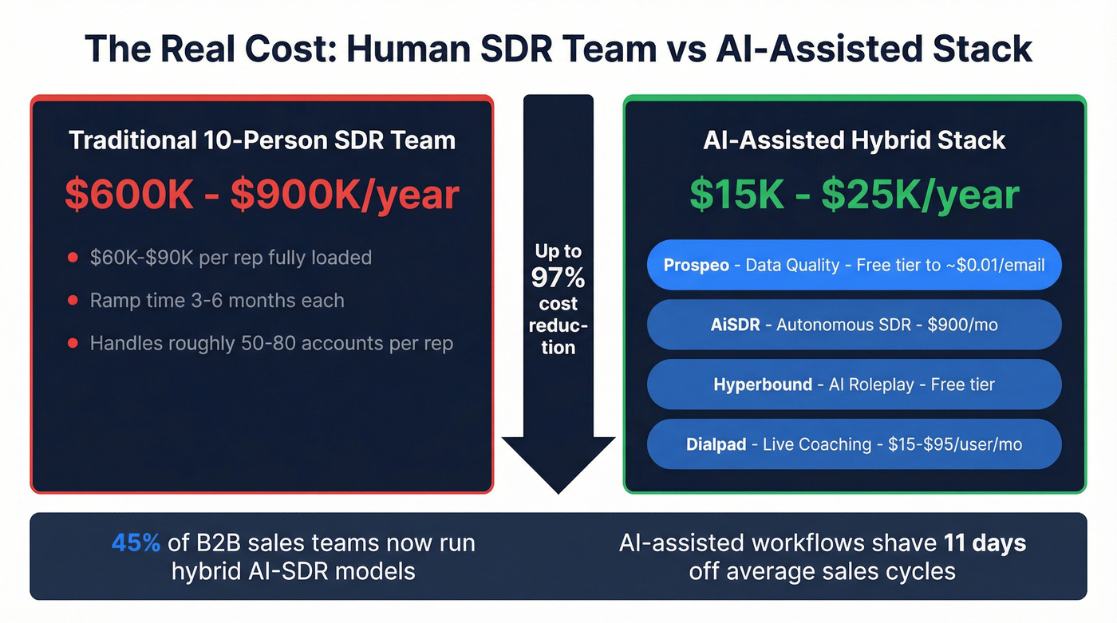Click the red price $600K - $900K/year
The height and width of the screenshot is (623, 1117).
point(262,195)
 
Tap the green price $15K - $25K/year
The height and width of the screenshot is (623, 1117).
point(855,195)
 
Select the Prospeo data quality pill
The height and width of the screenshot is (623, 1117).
point(854,265)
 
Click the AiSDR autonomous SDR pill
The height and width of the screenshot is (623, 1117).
point(854,325)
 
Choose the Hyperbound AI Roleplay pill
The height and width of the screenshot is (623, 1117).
point(854,384)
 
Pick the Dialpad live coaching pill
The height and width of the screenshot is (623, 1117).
point(854,444)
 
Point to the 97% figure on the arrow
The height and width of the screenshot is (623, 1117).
point(558,278)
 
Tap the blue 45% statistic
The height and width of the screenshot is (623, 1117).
point(135,543)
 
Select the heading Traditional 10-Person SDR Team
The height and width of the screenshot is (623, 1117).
point(262,140)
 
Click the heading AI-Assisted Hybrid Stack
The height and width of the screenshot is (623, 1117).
point(855,140)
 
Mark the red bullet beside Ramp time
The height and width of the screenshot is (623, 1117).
point(73,301)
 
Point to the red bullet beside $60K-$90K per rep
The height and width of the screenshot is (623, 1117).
point(73,258)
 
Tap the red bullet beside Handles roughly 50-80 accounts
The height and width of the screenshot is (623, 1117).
point(73,344)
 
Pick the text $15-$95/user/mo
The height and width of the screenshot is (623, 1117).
point(954,444)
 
